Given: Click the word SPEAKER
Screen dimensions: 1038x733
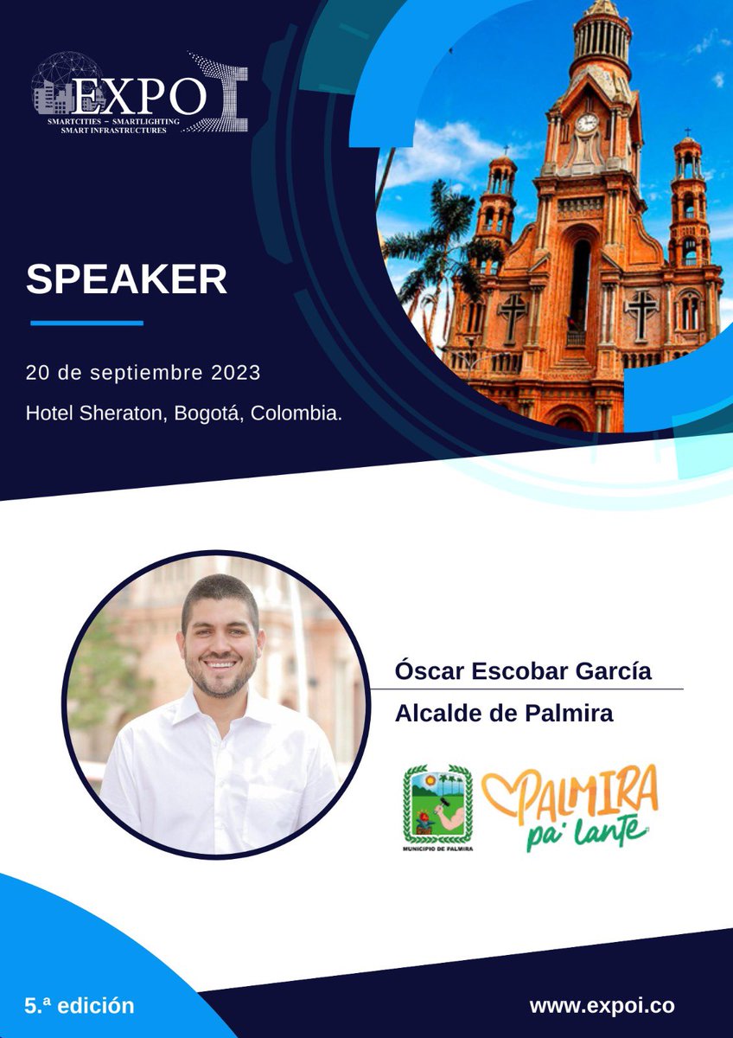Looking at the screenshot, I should pos(126,279).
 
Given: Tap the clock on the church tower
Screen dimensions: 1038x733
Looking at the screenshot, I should pos(587,123).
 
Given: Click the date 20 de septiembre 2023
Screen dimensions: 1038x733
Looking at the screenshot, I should pos(143,374).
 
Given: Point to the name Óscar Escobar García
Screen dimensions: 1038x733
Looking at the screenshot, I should pos(523,670).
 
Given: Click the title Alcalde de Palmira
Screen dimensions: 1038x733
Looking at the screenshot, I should pos(504,714).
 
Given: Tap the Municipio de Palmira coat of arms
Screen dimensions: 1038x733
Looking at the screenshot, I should pos(437,804).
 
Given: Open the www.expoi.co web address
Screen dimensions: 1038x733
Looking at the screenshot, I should pos(602,1006).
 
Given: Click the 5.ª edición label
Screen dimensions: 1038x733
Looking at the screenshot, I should pos(80,1006).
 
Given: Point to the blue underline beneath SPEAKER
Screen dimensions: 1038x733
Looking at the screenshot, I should pos(86,323).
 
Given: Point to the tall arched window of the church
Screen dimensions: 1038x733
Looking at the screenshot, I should pos(580,285).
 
